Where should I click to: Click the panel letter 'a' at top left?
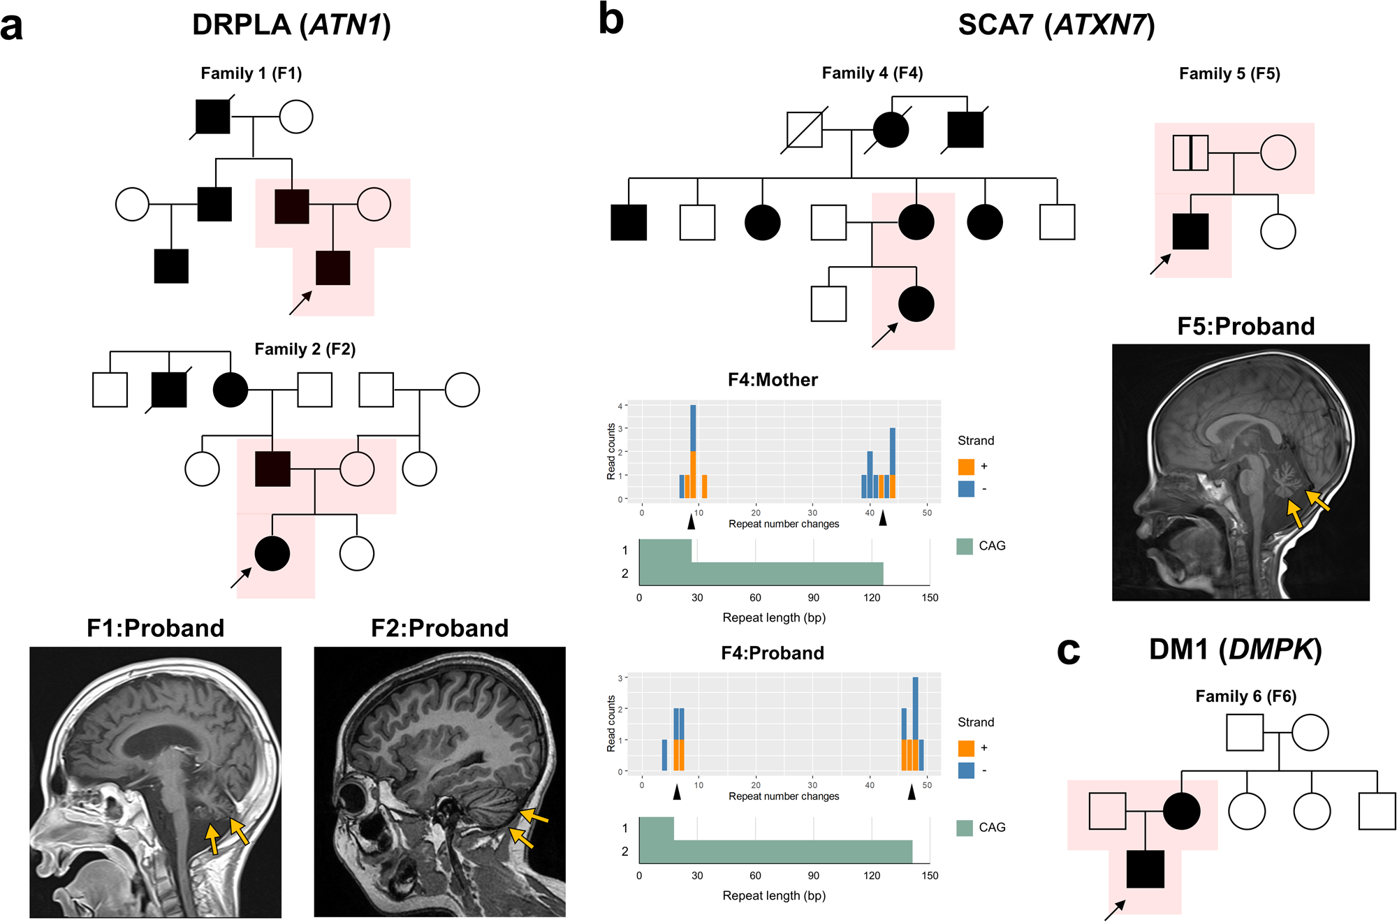pos(12,28)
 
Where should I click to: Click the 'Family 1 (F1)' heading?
pos(251,73)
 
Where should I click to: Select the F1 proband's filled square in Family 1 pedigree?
pos(333,268)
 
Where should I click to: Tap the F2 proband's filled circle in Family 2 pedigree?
pos(272,554)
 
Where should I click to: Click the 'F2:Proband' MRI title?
pos(439,628)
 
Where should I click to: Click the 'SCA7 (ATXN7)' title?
pos(1056,25)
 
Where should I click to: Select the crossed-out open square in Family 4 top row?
pos(805,130)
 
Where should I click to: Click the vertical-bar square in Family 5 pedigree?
pos(1190,153)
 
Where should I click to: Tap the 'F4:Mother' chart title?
pos(773,380)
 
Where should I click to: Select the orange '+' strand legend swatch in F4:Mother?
pos(966,467)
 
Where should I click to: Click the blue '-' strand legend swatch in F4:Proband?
pos(966,770)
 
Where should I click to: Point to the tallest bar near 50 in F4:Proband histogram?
pos(915,723)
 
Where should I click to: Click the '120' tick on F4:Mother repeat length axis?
pos(872,598)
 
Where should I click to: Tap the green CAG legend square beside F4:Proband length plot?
pos(965,828)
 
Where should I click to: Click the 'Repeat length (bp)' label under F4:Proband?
pos(774,895)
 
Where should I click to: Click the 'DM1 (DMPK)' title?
pos(1235,650)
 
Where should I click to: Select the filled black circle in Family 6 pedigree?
pos(1182,811)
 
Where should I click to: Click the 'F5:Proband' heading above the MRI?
pos(1245,326)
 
